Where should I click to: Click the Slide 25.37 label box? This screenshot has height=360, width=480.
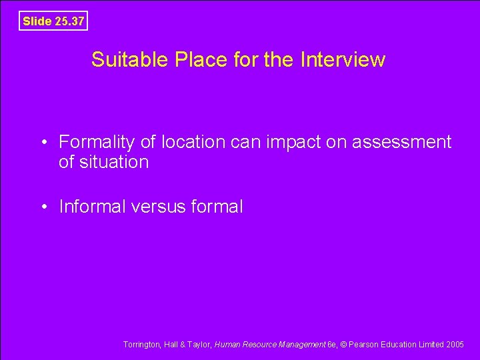point(53,21)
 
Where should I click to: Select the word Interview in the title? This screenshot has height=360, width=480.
point(343,60)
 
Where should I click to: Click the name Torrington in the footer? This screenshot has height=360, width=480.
point(141,345)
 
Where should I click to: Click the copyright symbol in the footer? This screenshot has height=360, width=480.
point(343,345)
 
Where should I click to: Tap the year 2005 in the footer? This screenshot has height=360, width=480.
point(456,345)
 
